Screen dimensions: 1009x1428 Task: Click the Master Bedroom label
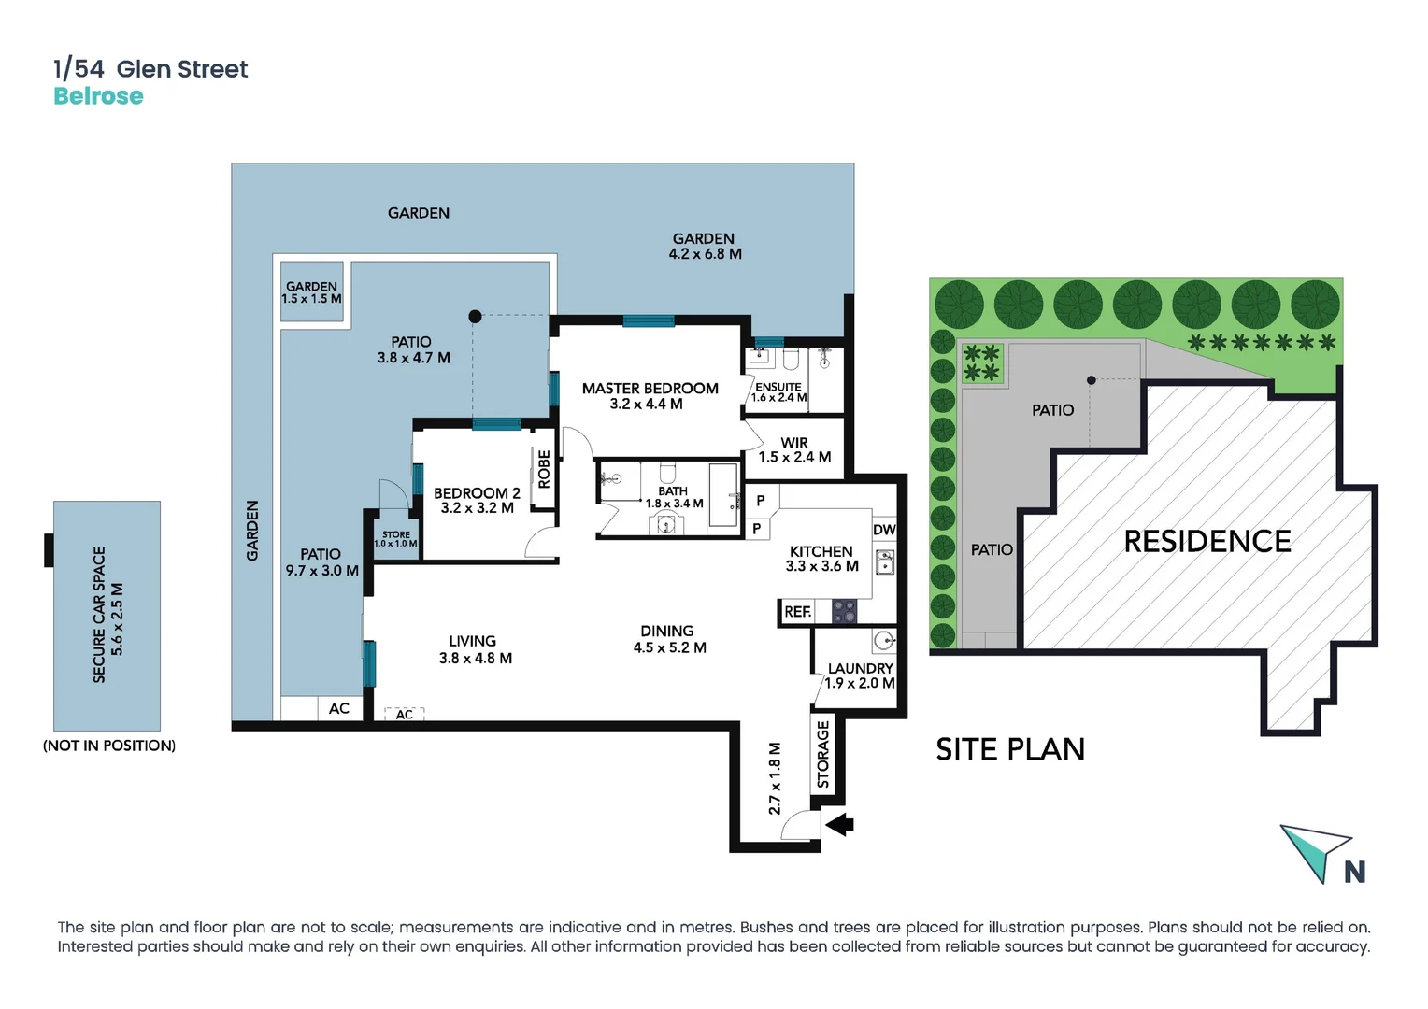(650, 389)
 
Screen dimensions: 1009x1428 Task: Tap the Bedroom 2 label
(477, 493)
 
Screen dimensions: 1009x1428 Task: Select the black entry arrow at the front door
(839, 824)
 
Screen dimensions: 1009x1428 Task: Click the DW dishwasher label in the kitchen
(884, 530)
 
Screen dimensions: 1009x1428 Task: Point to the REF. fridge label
(797, 612)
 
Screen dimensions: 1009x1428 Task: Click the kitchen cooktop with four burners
(844, 612)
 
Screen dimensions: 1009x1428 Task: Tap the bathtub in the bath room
(722, 495)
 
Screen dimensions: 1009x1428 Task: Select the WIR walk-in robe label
(794, 443)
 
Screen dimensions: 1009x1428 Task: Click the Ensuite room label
(778, 387)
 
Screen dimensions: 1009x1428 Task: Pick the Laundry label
(860, 668)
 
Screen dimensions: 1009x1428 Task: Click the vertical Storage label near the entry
(823, 755)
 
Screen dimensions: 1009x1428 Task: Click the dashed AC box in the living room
(405, 714)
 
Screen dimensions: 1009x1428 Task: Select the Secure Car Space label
(99, 615)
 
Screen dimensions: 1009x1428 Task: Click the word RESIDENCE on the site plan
(1207, 541)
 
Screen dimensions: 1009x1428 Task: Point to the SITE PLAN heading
(1010, 749)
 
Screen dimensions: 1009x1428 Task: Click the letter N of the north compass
(1354, 872)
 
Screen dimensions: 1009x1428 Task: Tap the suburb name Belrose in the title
(98, 96)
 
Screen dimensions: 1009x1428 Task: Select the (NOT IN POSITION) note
(109, 746)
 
